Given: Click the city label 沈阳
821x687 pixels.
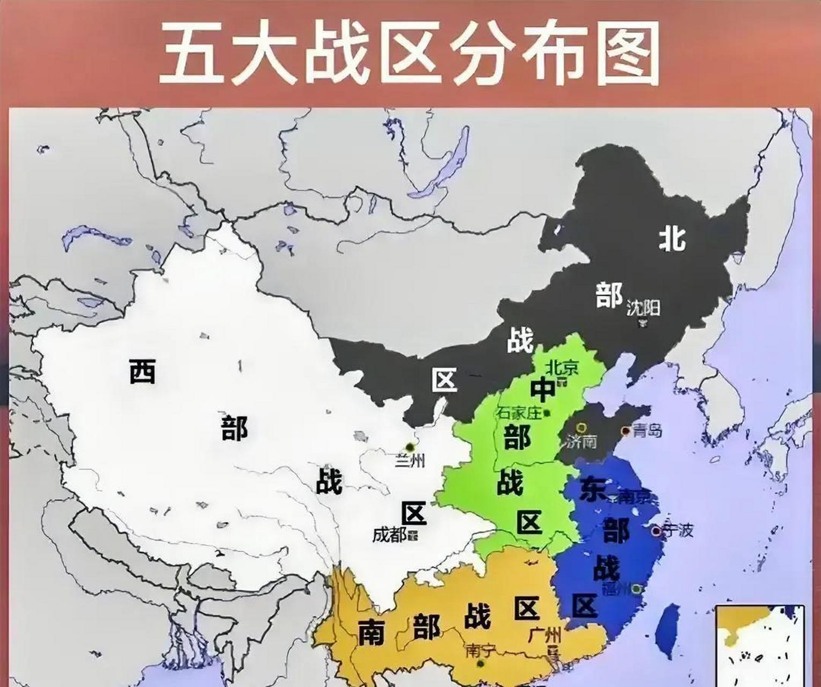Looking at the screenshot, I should click(643, 308).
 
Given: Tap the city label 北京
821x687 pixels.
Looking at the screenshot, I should click(562, 367).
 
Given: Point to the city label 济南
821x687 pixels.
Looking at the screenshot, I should click(582, 442).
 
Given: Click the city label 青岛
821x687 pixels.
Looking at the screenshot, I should click(648, 430).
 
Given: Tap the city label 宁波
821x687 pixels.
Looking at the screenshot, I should click(678, 530).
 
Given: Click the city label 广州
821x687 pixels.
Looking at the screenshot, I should click(543, 637).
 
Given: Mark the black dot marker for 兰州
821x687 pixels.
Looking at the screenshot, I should click(411, 447).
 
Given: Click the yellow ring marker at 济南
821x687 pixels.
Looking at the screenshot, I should click(580, 428).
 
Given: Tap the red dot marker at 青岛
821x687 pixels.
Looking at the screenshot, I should click(625, 430).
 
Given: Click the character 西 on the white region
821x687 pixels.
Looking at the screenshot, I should click(142, 371).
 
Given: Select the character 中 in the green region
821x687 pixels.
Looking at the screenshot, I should click(543, 389).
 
